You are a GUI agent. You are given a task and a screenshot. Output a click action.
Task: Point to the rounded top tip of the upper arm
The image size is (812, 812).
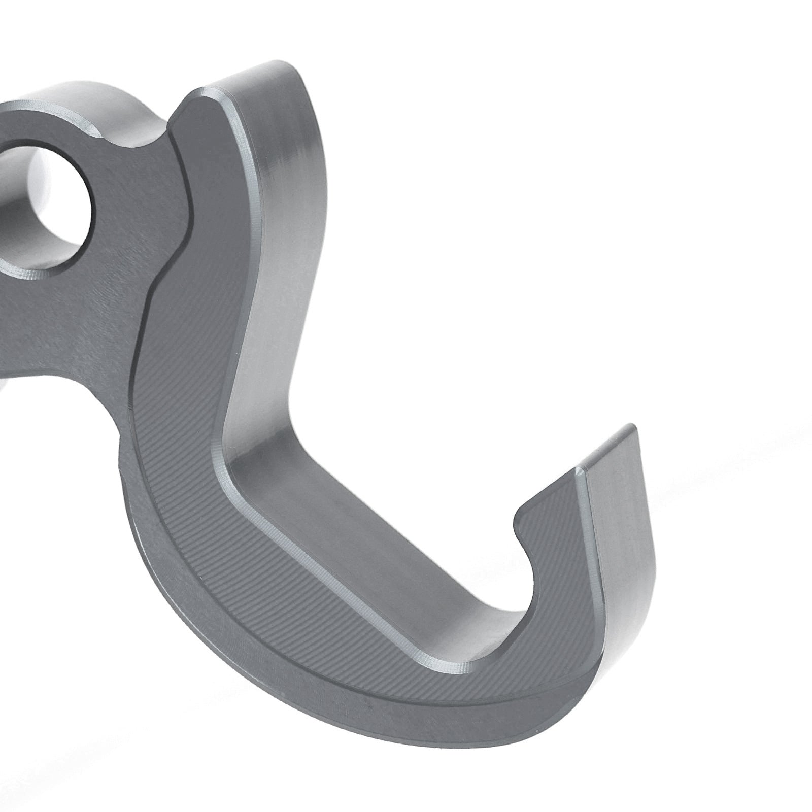284,66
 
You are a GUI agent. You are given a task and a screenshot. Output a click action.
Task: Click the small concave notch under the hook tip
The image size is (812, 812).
523,528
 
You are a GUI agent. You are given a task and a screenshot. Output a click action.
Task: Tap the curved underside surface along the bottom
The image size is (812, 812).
355,710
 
